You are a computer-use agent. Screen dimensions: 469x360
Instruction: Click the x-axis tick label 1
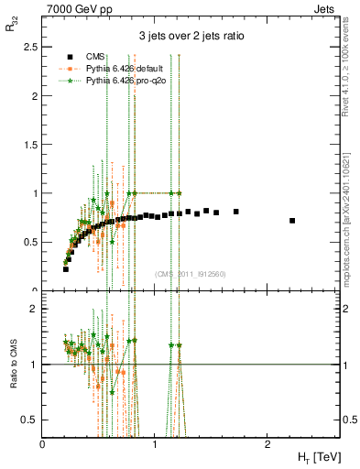pyautogui.click(x=155, y=443)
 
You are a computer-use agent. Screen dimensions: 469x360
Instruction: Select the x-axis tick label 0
pyautogui.click(x=43, y=443)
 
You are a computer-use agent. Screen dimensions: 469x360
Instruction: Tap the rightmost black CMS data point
pyautogui.click(x=292, y=221)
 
